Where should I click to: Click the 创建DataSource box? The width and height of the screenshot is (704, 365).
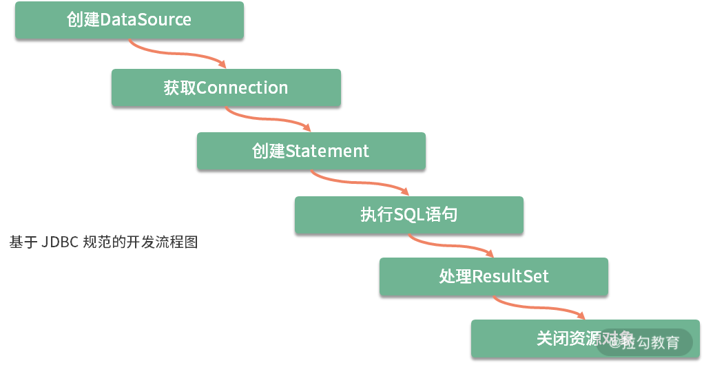[130, 20]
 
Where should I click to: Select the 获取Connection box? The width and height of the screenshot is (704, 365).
[226, 87]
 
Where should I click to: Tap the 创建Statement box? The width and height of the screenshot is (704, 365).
[311, 151]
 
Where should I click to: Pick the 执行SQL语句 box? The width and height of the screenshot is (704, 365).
[408, 215]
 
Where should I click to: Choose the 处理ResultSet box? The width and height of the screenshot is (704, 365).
[493, 277]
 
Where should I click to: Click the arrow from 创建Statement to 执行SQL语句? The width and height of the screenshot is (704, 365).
[358, 182]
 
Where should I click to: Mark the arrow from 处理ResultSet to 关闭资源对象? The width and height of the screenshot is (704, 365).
[540, 307]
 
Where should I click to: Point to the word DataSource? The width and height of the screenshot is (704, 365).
[146, 20]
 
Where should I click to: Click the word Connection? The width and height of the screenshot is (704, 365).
[242, 87]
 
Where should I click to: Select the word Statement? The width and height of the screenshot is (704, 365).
[327, 151]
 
